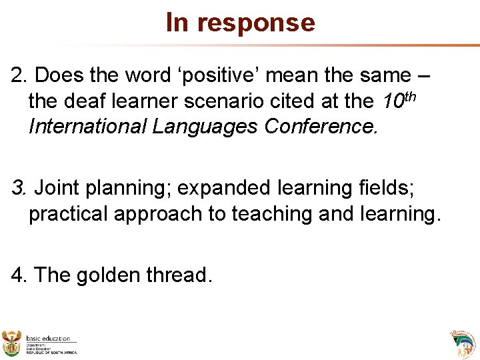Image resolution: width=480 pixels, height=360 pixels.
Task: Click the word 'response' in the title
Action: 256,23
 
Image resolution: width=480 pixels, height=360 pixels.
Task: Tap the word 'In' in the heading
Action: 177,22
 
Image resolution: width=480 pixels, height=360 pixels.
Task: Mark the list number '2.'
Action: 19,76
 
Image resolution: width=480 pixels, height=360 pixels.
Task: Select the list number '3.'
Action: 19,189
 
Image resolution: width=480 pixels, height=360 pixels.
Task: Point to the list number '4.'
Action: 19,275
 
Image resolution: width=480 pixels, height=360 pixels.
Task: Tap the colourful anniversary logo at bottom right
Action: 461,343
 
